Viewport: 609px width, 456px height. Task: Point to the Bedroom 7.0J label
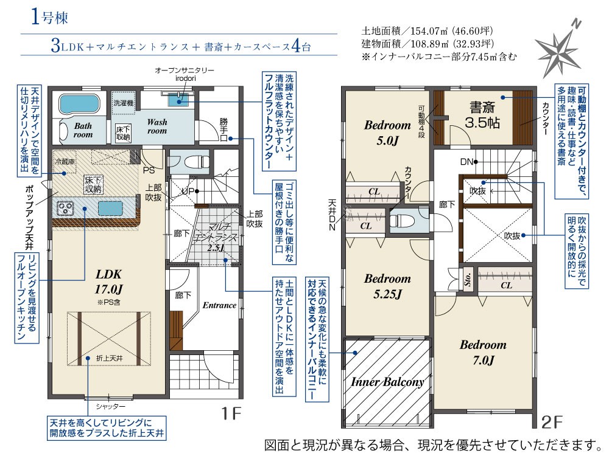tap(483, 351)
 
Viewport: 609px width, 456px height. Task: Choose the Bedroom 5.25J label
tap(387, 286)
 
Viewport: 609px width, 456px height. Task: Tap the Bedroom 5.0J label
tap(388, 133)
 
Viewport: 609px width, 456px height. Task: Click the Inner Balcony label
tap(387, 382)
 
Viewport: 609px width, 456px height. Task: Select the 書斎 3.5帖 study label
tap(482, 115)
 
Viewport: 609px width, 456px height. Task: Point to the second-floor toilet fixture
tap(403, 222)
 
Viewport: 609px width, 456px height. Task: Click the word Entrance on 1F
tap(219, 305)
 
